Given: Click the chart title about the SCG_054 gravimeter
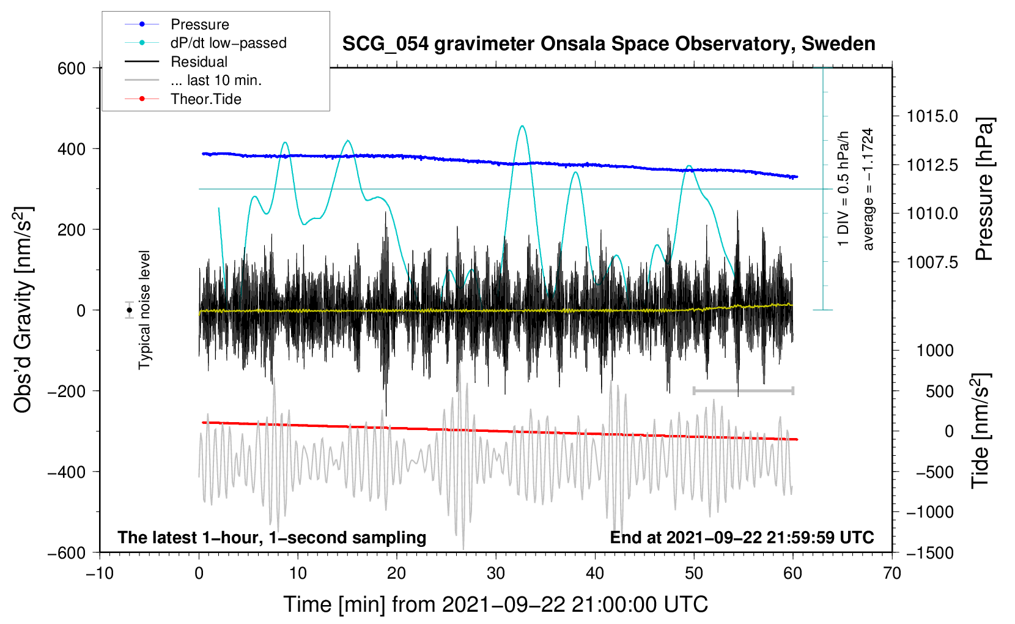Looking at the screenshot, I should [608, 44].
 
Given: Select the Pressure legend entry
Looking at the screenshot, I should [199, 24].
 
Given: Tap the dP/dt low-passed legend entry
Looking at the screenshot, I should [228, 43].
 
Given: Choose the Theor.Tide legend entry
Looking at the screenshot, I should [205, 99].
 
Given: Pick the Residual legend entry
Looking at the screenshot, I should [199, 62].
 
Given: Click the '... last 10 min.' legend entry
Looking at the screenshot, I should [216, 80].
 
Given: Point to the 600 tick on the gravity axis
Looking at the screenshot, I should [72, 68].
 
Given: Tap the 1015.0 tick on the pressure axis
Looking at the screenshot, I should [932, 116].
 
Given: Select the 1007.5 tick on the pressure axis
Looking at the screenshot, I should [932, 262].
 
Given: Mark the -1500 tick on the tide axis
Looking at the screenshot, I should [929, 552].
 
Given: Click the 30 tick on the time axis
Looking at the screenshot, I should [496, 573].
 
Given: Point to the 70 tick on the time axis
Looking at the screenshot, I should [892, 573].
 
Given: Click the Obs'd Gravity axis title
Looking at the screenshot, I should [23, 310].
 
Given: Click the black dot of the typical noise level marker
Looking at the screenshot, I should [130, 310].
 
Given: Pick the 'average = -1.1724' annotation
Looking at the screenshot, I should [868, 189].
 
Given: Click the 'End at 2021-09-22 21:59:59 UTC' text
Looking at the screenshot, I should [742, 537].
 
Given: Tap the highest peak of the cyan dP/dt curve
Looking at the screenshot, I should [522, 126].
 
